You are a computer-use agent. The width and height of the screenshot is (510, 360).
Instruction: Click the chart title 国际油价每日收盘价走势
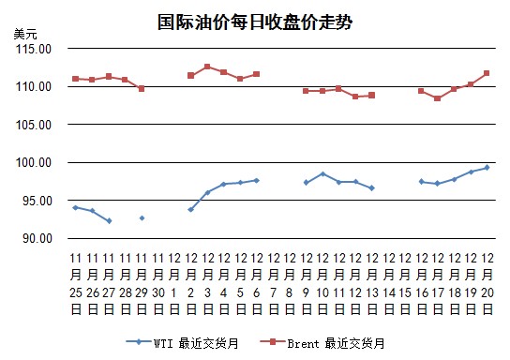coord(255,22)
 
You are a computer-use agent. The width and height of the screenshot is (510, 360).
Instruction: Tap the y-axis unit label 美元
coord(25,34)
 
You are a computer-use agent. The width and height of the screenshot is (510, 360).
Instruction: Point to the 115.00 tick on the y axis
coord(34,49)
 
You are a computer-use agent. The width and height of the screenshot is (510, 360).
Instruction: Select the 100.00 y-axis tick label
coord(34,162)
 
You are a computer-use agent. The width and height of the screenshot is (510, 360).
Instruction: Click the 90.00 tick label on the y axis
coord(37,238)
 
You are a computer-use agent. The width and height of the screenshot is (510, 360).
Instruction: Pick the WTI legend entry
coord(182,343)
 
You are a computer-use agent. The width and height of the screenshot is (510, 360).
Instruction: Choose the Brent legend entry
coord(322,343)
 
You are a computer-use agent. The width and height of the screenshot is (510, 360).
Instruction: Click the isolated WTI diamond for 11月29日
coord(142,217)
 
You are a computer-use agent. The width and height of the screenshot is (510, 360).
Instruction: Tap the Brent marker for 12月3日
coord(207,67)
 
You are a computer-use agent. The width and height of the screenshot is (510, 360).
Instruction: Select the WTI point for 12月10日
coord(322,174)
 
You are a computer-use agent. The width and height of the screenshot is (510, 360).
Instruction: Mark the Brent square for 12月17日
coord(438,97)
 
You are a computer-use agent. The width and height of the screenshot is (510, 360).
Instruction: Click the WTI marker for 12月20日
coord(487,168)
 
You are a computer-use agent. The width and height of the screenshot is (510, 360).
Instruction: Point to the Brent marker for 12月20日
coord(487,73)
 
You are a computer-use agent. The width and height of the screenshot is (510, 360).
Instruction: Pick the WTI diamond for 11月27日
coord(110,221)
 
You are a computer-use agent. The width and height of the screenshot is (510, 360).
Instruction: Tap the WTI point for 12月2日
coord(191,209)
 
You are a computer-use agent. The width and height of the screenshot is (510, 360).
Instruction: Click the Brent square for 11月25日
coord(76,79)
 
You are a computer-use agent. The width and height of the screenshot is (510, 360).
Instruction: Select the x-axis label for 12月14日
coord(389,283)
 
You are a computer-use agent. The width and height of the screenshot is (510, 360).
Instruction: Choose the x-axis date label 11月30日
coord(158,283)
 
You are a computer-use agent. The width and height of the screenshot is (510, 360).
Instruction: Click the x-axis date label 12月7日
coord(274,283)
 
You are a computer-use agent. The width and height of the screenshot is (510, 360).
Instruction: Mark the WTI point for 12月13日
coord(372,187)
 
